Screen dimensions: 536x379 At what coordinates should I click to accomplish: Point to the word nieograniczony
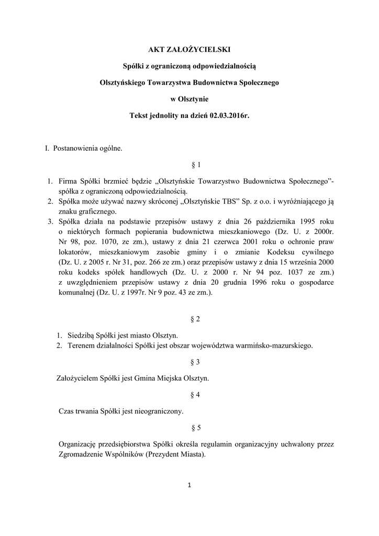pyautogui.click(x=157, y=411)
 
